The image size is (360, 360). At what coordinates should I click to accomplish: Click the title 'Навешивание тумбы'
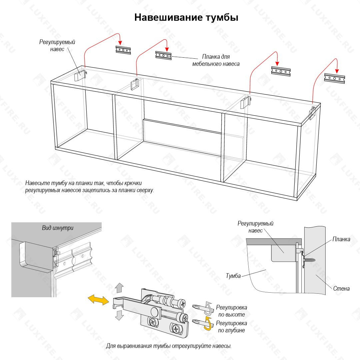pyautogui.click(x=186, y=17)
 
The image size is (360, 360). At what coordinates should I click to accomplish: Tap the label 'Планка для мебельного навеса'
pyautogui.click(x=216, y=60)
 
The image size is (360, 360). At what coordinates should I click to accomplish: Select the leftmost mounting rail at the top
pyautogui.click(x=123, y=50)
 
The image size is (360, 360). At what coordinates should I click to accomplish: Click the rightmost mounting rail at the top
pyautogui.click(x=334, y=78)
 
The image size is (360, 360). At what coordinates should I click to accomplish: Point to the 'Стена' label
pyautogui.click(x=341, y=288)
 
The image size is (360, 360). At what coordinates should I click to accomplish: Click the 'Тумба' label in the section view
pyautogui.click(x=233, y=276)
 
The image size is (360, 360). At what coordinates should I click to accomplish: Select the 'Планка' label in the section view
pyautogui.click(x=341, y=239)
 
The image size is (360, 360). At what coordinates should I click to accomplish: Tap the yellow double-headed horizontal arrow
pyautogui.click(x=98, y=299)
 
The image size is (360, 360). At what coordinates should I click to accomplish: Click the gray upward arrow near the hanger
pyautogui.click(x=119, y=287)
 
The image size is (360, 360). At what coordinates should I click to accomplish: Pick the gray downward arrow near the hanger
pyautogui.click(x=119, y=315)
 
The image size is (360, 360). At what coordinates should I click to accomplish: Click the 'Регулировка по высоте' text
pyautogui.click(x=231, y=311)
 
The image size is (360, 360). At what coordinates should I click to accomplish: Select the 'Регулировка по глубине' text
pyautogui.click(x=231, y=327)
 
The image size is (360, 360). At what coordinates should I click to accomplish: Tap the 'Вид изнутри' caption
pyautogui.click(x=57, y=228)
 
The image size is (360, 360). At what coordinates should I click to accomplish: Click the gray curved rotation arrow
pyautogui.click(x=209, y=308)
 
